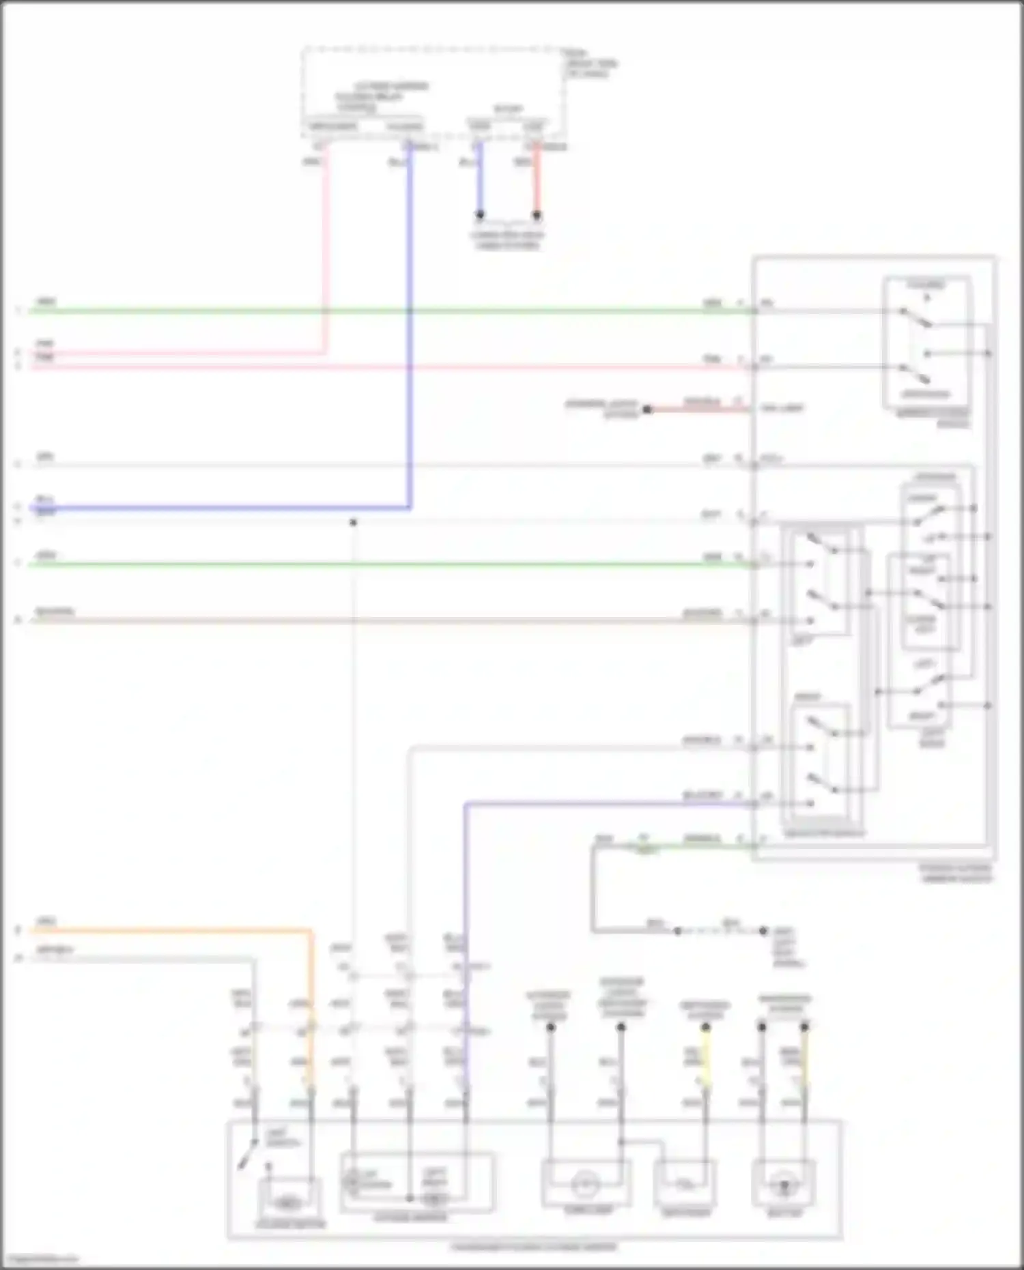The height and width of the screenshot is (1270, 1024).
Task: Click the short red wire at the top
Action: [x=537, y=181]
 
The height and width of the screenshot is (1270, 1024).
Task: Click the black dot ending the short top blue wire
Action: [x=480, y=216]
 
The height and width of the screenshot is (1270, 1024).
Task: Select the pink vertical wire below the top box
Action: [x=326, y=252]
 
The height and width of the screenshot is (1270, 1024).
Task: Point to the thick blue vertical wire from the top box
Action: [x=410, y=328]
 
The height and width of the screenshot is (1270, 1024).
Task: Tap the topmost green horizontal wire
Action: [x=382, y=311]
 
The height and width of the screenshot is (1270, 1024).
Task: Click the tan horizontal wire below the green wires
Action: [x=382, y=620]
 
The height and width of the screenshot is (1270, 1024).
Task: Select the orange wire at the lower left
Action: [x=171, y=930]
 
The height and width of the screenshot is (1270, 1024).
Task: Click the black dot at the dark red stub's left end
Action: [x=647, y=409]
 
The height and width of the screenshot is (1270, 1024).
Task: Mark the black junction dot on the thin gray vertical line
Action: [x=353, y=523]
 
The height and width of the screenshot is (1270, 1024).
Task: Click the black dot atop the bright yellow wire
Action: [x=706, y=1027]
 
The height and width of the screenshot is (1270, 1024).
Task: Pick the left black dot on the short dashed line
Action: [x=678, y=931]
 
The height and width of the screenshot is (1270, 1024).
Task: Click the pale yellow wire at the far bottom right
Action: [x=805, y=1058]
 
